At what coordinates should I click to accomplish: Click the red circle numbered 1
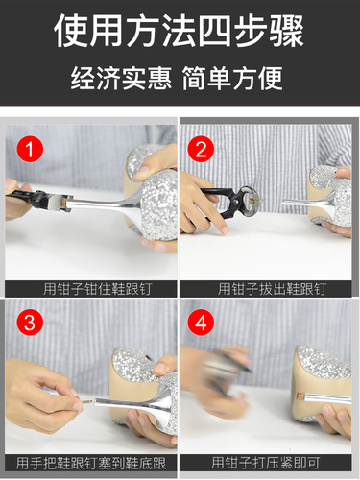[x=30, y=149]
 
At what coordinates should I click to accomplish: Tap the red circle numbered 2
[x=201, y=149]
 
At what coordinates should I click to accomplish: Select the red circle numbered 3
[x=30, y=323]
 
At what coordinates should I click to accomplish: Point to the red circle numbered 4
[x=201, y=323]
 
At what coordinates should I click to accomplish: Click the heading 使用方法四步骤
[x=180, y=31]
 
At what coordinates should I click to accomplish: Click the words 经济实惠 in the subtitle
[x=121, y=78]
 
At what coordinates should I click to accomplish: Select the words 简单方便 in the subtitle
[x=232, y=78]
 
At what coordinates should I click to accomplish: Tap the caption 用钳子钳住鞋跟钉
[x=97, y=289]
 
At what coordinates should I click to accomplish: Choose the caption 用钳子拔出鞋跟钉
[x=272, y=289]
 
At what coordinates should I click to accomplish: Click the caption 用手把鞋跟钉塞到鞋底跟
[x=90, y=463]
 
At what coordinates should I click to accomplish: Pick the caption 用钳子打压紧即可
[x=265, y=463]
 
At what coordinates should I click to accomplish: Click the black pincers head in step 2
[x=246, y=202]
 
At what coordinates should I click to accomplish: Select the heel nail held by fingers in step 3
[x=85, y=400]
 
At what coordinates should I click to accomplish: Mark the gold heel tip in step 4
[x=300, y=397]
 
